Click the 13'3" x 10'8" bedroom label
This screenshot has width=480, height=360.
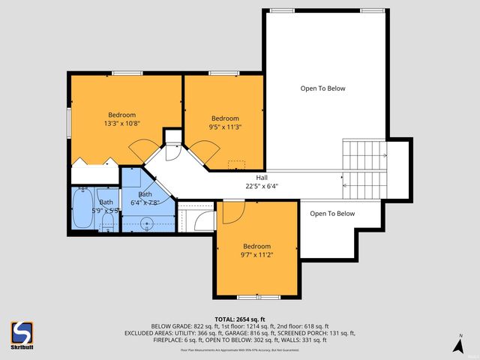point(123,119)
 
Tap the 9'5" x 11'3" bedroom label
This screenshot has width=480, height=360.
point(225,123)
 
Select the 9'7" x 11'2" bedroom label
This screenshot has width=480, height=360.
point(256,250)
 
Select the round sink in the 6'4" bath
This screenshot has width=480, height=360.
point(145,223)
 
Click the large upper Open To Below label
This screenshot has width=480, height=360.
point(323,88)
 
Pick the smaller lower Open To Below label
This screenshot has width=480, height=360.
point(332,214)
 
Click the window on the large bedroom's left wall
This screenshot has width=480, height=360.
point(70,119)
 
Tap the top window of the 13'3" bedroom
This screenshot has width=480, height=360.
point(123,73)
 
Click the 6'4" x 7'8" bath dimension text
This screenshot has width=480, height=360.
point(145,202)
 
